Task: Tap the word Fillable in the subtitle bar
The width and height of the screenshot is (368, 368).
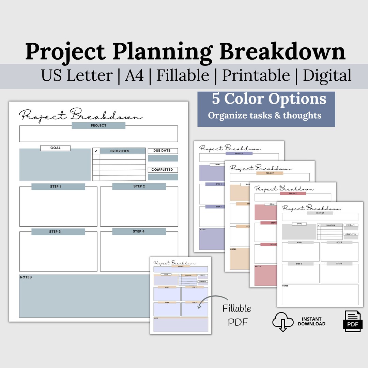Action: [x=183, y=75]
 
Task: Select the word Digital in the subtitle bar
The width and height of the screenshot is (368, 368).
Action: [x=327, y=75]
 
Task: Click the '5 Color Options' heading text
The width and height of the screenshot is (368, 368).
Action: [x=269, y=99]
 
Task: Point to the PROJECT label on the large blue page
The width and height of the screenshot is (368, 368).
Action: [x=98, y=125]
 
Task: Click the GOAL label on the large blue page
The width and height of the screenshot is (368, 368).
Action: [x=55, y=148]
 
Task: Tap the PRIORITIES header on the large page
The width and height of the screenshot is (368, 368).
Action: [x=120, y=151]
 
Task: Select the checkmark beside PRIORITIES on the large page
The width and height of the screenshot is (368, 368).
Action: [x=96, y=151]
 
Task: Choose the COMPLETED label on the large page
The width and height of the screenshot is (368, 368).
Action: [x=162, y=170]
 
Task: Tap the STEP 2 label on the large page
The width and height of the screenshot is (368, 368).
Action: [x=139, y=186]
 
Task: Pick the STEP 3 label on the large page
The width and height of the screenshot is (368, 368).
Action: [x=55, y=232]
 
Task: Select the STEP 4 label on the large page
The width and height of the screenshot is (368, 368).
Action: [x=139, y=231]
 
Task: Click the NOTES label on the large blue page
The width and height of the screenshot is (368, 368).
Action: [x=26, y=277]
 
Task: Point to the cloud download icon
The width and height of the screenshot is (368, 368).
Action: [x=283, y=321]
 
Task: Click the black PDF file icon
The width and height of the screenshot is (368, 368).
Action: [x=352, y=321]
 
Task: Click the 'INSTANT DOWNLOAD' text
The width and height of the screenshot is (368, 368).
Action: [x=311, y=321]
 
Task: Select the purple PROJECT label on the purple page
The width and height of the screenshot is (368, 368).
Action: [x=239, y=153]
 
